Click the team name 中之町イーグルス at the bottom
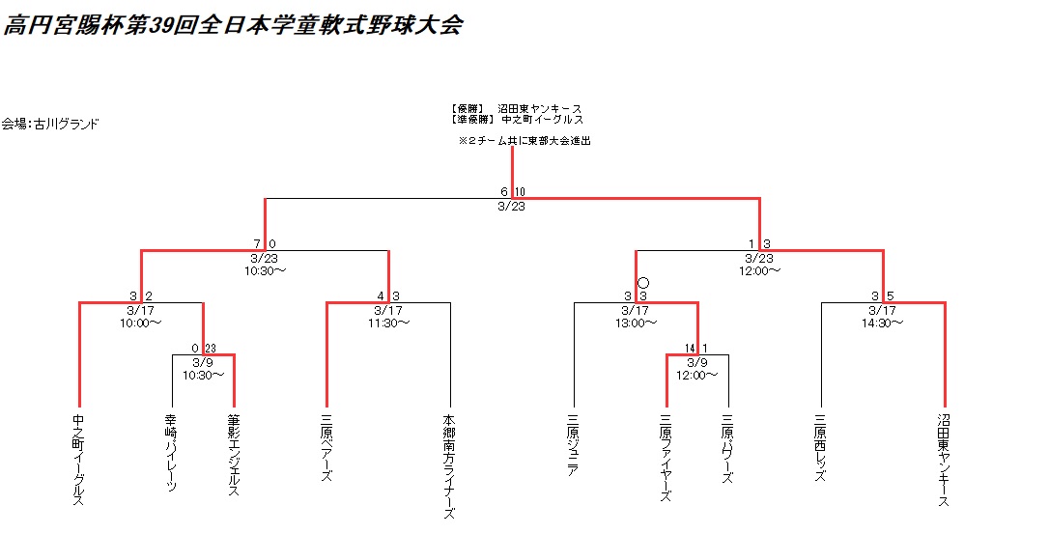78,460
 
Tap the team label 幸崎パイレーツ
172,454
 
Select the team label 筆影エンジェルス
234,456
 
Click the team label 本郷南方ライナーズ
449,466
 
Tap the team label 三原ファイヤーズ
666,459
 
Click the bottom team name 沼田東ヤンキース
944,460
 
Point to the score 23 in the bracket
211,349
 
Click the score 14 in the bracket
690,349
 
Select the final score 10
520,191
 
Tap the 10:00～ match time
141,323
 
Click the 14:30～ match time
883,323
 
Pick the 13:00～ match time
636,323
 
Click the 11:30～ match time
388,323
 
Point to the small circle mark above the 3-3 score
643,282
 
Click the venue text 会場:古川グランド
50,124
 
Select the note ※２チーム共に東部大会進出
524,141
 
